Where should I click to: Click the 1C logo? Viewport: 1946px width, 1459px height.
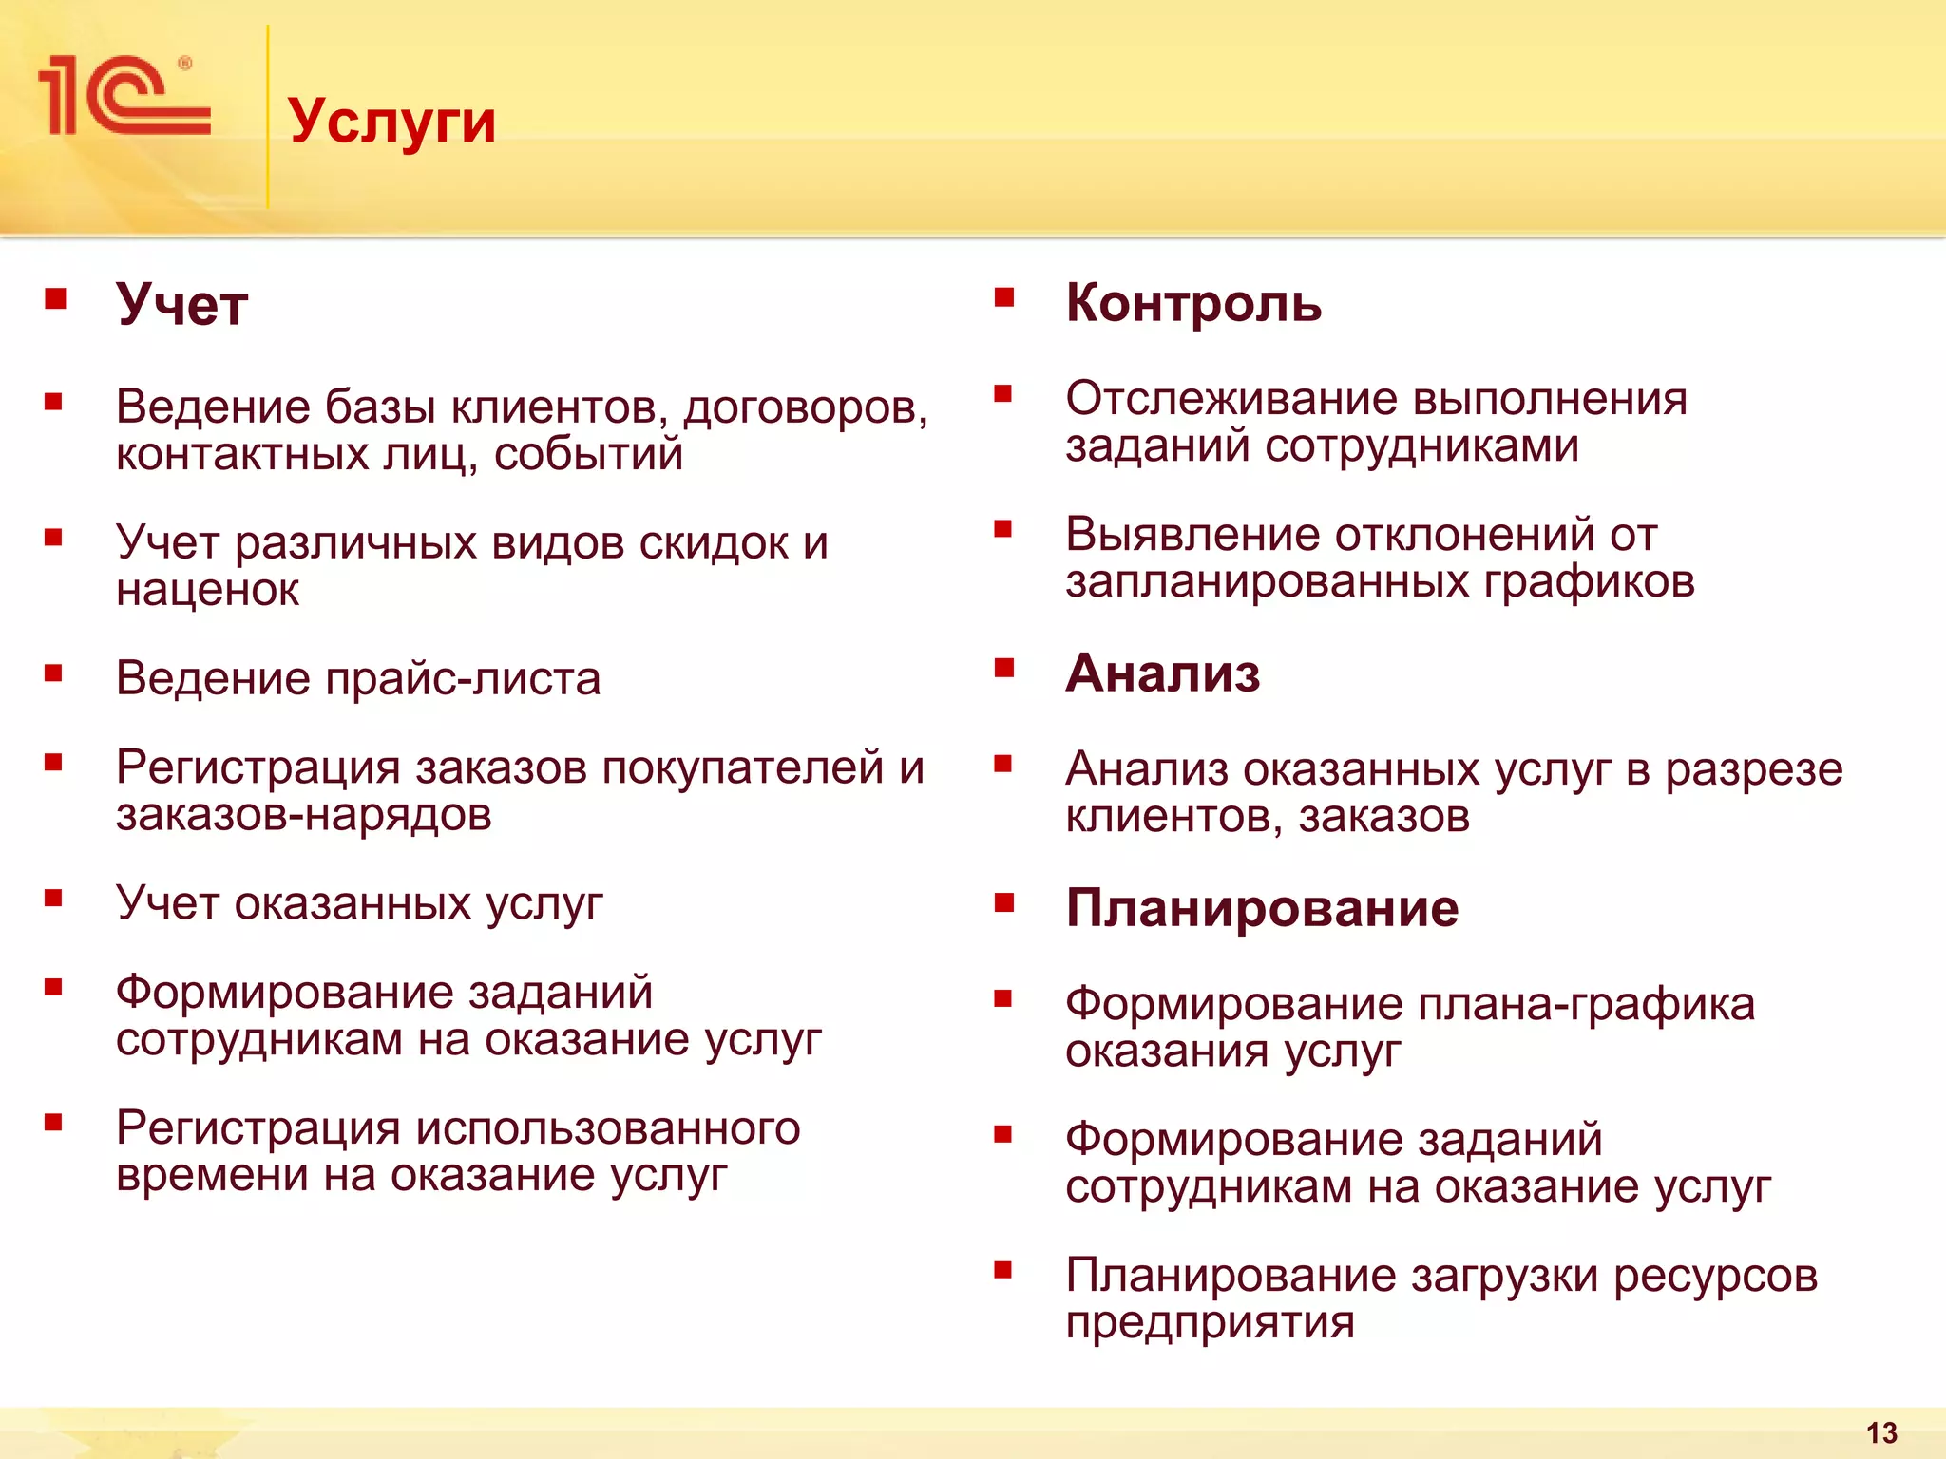point(124,95)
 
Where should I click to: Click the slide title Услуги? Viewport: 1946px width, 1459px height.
point(391,122)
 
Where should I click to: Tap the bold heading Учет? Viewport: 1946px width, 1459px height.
point(181,305)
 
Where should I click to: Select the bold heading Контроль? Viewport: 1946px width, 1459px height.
point(1193,303)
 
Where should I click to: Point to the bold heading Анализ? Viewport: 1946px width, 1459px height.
point(1163,673)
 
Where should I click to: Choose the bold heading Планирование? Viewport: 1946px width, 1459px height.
point(1262,908)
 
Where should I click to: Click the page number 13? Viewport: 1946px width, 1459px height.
point(1881,1432)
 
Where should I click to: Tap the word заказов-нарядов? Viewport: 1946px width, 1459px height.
point(304,815)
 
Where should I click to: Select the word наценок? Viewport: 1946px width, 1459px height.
point(207,591)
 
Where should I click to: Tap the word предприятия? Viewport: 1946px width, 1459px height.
point(1210,1322)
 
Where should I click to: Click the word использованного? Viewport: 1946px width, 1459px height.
point(608,1128)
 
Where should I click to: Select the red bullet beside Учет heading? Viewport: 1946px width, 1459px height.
point(55,300)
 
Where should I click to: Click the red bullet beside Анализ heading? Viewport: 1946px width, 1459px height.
point(1004,669)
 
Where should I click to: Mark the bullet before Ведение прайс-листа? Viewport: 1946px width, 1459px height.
point(53,674)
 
